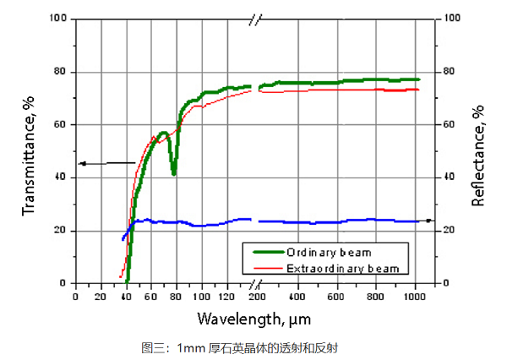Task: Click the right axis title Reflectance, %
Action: [478, 156]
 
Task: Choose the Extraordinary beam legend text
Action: [341, 268]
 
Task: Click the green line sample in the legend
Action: [263, 252]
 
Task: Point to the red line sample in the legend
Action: [263, 268]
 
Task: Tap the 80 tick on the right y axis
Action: [451, 71]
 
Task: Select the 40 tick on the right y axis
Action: [451, 177]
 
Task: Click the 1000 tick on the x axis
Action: [415, 297]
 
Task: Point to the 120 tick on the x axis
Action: [226, 297]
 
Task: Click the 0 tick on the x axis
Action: [75, 297]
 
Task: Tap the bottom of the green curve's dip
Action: [174, 173]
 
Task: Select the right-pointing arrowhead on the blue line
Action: [429, 221]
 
